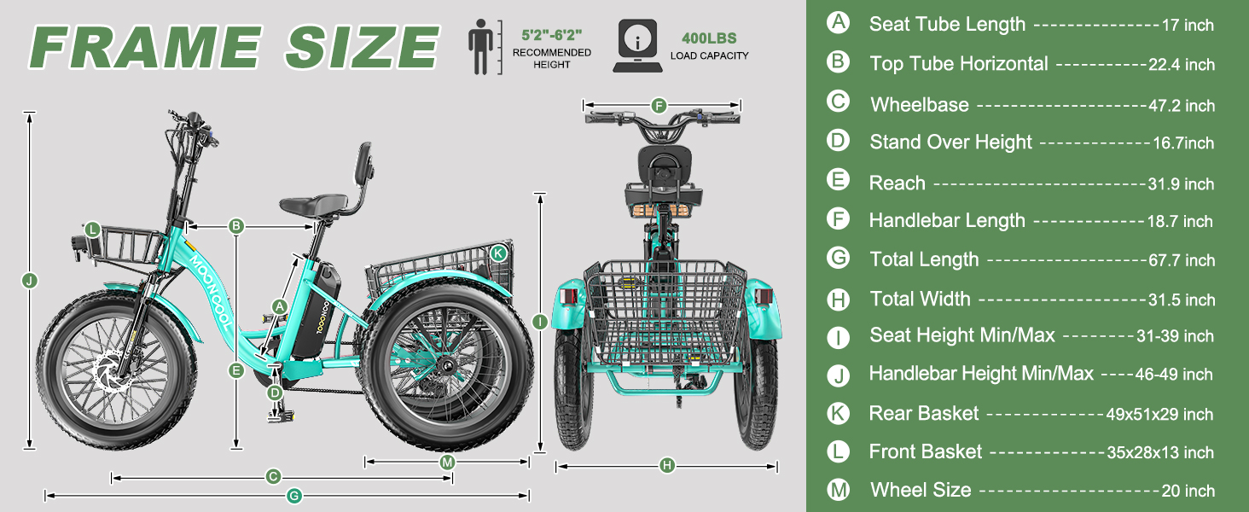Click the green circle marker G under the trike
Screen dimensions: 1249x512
click(x=293, y=495)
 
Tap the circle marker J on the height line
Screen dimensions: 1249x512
click(x=30, y=280)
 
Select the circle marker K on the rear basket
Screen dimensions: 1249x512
click(x=498, y=253)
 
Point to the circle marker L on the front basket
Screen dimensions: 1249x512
click(x=92, y=230)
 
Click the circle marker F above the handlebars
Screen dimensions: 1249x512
click(x=659, y=105)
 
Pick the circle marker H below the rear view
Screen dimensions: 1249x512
click(x=667, y=465)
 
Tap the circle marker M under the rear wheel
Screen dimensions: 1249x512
click(x=447, y=462)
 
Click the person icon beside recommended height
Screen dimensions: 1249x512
click(x=480, y=47)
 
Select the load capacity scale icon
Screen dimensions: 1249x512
click(x=638, y=46)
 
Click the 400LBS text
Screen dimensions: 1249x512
click(x=709, y=38)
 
